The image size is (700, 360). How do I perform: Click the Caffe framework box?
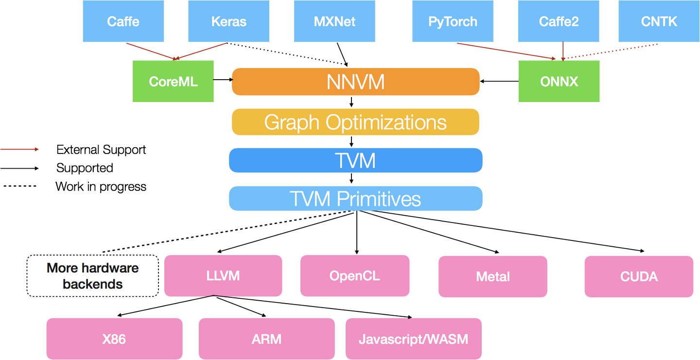point(123,21)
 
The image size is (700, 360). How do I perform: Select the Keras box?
point(229,21)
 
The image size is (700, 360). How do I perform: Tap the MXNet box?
point(334,21)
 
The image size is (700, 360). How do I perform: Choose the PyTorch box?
point(453,21)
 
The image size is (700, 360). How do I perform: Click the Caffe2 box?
point(559,21)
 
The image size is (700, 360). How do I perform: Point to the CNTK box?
point(659,21)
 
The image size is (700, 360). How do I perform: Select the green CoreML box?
point(173,81)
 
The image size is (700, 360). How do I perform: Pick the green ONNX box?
point(559,81)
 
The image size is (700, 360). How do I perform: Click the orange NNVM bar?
point(356,82)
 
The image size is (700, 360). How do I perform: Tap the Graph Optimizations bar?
point(356,122)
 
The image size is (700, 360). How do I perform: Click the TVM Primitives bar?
point(356,199)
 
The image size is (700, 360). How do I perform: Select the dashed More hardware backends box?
point(93,276)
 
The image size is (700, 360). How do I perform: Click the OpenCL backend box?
point(355,275)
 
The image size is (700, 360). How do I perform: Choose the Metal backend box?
point(493,276)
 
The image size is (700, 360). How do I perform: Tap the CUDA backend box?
point(639,276)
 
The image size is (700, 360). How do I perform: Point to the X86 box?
point(114,339)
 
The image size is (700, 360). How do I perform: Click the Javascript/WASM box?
point(413,339)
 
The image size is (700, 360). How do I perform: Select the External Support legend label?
point(101,150)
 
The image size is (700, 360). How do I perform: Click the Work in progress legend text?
point(101,187)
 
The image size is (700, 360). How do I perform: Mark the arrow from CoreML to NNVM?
point(223,80)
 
